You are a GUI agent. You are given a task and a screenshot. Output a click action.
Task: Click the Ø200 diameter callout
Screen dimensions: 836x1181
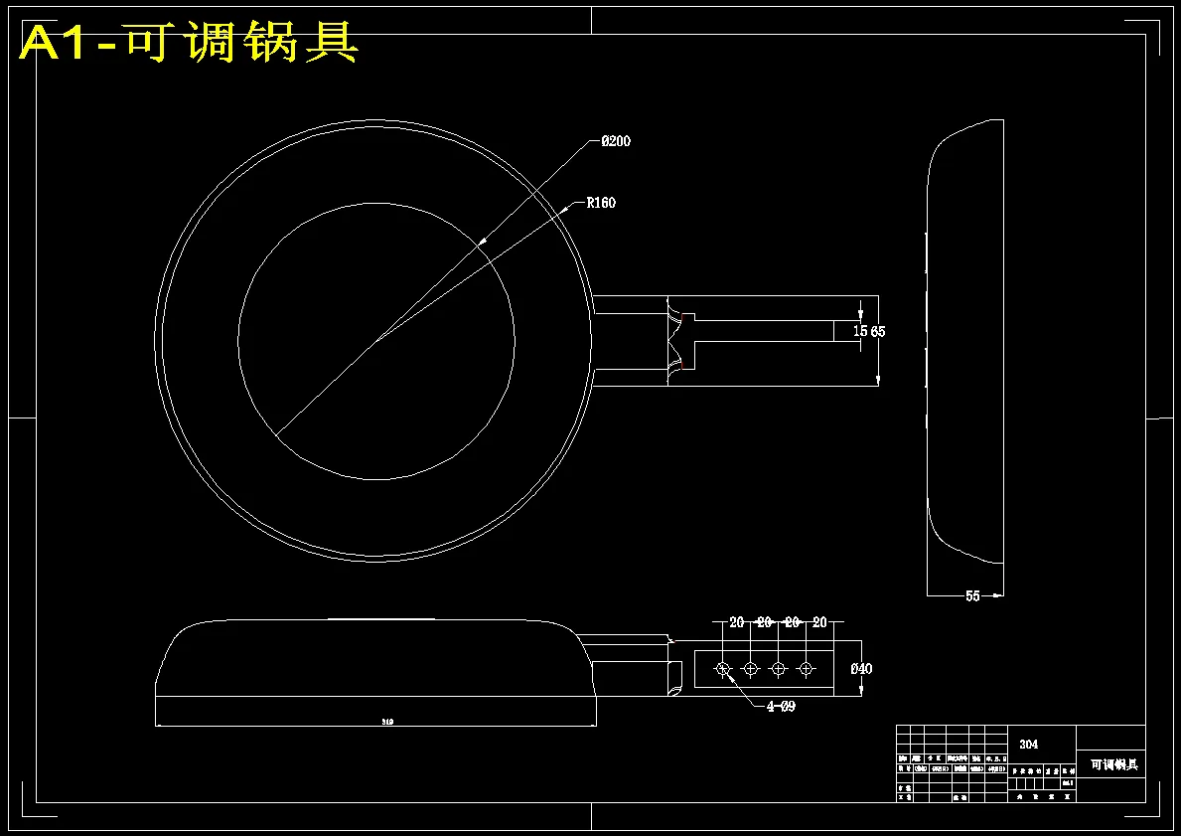tap(616, 141)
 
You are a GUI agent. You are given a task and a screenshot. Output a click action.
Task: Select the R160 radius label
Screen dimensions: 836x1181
tap(601, 203)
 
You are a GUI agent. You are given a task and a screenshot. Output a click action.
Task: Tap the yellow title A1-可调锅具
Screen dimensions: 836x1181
tap(189, 44)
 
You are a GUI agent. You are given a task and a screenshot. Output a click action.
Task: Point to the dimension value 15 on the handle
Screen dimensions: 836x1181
tap(860, 331)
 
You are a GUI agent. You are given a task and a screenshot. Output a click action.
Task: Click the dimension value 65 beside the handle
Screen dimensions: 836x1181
tap(878, 331)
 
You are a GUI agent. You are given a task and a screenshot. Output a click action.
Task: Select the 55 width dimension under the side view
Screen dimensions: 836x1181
tap(972, 595)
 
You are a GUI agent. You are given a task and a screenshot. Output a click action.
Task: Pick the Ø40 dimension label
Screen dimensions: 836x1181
tap(861, 669)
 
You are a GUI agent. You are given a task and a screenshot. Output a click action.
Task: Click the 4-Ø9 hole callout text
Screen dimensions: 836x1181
tap(780, 707)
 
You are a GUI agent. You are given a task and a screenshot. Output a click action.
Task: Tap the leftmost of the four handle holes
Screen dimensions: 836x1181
tap(723, 668)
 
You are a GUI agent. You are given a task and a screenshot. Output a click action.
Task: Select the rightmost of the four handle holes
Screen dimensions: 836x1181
tap(806, 668)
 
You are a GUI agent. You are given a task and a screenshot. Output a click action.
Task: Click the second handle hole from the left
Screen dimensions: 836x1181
tap(751, 668)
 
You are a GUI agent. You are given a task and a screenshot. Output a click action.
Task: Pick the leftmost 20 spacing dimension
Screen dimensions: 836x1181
tap(736, 622)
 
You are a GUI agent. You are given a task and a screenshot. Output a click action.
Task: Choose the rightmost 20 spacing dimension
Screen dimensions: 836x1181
tap(819, 622)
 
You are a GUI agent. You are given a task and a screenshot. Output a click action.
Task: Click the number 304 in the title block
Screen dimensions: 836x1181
tap(1030, 744)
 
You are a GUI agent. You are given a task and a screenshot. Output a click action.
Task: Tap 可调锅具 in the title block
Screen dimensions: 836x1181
tap(1113, 764)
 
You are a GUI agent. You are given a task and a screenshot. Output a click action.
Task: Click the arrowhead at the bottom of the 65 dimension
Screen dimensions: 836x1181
tap(878, 380)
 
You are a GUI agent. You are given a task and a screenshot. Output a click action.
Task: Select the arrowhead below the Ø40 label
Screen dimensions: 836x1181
tap(860, 694)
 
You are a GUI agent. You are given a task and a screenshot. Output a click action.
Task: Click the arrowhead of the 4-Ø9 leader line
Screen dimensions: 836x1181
tap(727, 675)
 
